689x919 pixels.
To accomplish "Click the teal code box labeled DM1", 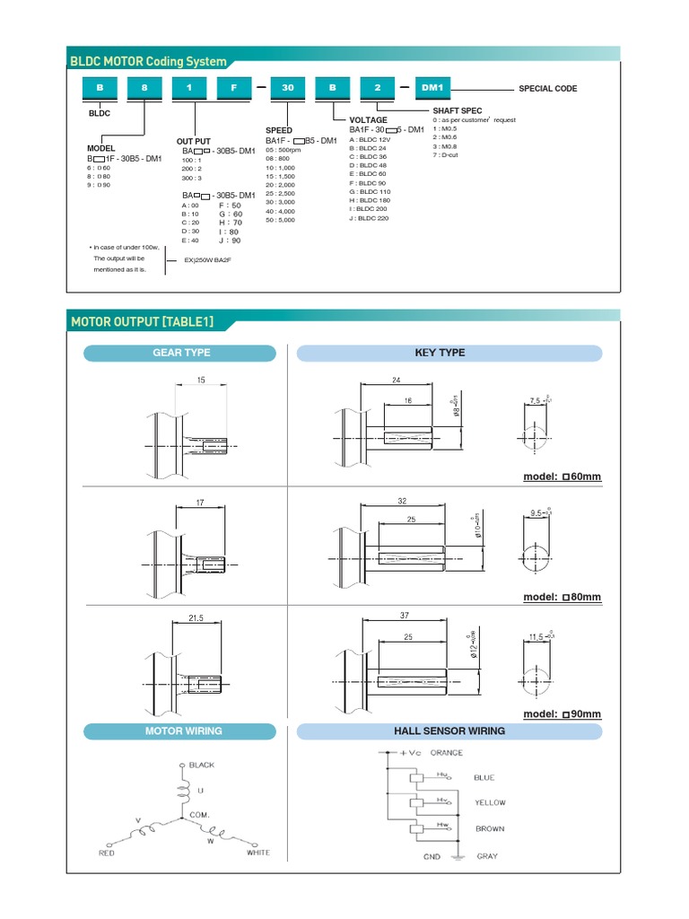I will pyautogui.click(x=434, y=88).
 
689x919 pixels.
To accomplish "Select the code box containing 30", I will pyautogui.click(x=288, y=88).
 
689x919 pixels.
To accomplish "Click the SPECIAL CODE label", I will pyautogui.click(x=547, y=89).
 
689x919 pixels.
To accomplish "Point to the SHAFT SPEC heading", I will pyautogui.click(x=458, y=110).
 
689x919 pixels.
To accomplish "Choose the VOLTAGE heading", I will pyautogui.click(x=368, y=119).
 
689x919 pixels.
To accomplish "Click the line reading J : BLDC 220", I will pyautogui.click(x=369, y=218).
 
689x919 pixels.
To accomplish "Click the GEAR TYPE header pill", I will pyautogui.click(x=180, y=353).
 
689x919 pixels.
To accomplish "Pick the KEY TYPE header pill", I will pyautogui.click(x=440, y=353).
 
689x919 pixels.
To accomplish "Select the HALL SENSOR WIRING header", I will pyautogui.click(x=449, y=731).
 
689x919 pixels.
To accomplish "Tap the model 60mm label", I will pyautogui.click(x=563, y=477).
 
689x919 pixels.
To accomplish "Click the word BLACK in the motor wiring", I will pyautogui.click(x=202, y=765).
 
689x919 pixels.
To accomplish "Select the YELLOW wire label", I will pyautogui.click(x=490, y=802).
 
